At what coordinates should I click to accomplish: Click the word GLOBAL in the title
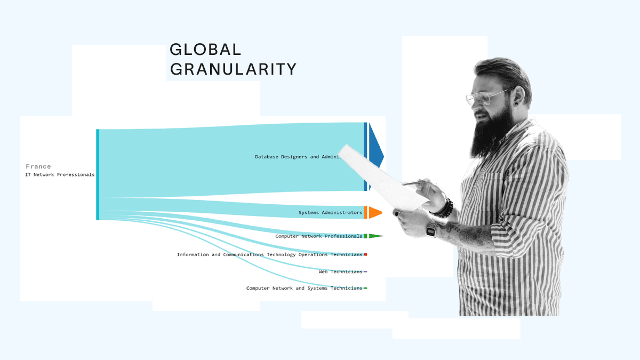pyautogui.click(x=205, y=50)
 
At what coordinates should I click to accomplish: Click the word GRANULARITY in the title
pyautogui.click(x=233, y=69)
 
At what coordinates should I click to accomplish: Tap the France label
pyautogui.click(x=38, y=166)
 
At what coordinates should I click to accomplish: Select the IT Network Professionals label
pyautogui.click(x=60, y=175)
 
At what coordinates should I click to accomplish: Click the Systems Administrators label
pyautogui.click(x=330, y=213)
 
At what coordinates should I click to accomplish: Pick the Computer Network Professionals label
pyautogui.click(x=318, y=236)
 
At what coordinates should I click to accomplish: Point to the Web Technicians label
pyautogui.click(x=340, y=272)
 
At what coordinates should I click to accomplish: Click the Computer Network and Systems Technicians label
pyautogui.click(x=304, y=289)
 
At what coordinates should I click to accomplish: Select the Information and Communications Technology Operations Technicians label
pyautogui.click(x=269, y=255)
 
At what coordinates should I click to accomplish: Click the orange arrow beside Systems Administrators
pyautogui.click(x=375, y=212)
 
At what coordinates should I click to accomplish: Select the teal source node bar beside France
pyautogui.click(x=98, y=174)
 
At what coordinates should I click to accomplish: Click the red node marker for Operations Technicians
pyautogui.click(x=365, y=255)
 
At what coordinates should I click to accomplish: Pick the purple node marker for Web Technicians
pyautogui.click(x=365, y=272)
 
